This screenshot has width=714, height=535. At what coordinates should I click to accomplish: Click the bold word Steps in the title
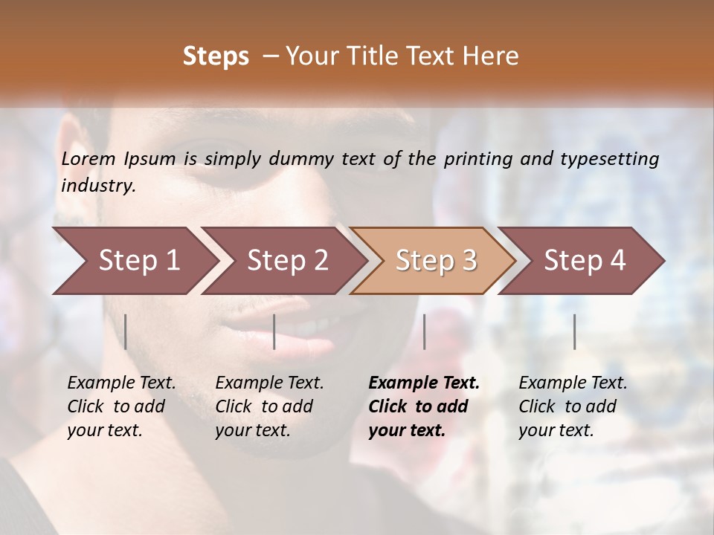(x=216, y=56)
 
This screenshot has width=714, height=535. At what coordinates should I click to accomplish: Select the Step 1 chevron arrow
(x=134, y=261)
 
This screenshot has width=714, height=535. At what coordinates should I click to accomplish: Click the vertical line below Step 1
(x=126, y=331)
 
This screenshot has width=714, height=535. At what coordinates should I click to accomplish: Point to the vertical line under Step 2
(x=274, y=331)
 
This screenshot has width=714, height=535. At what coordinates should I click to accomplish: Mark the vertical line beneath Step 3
(x=425, y=331)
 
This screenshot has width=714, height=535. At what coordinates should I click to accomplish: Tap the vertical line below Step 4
(x=575, y=331)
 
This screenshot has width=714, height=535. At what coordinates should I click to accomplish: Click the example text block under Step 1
(x=121, y=406)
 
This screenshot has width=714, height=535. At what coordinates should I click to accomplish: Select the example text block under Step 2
(x=269, y=406)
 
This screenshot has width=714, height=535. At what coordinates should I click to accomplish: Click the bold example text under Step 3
(x=424, y=406)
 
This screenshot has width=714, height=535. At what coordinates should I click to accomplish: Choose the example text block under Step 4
(x=573, y=406)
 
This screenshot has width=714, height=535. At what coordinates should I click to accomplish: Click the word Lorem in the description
(x=89, y=159)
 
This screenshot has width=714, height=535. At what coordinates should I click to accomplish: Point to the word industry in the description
(x=98, y=186)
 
